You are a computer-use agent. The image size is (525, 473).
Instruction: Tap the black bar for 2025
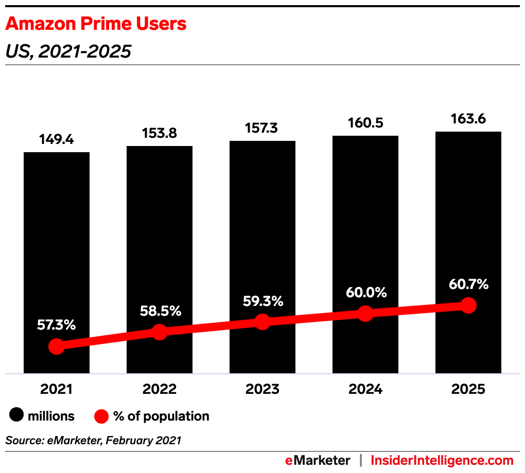point(468,216)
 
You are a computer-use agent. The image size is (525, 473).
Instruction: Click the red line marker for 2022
point(160,332)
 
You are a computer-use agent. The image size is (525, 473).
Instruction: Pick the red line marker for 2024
point(365,313)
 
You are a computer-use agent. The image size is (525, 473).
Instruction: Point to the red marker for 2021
point(57,347)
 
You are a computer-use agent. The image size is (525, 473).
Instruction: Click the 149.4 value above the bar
point(57,140)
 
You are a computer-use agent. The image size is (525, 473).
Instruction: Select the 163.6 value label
point(468,119)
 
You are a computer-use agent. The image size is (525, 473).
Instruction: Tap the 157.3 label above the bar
point(262,129)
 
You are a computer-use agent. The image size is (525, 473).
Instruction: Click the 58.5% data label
point(160,311)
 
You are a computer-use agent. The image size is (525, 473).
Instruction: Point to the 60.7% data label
point(468,284)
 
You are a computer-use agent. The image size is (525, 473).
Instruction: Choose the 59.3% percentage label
point(262,301)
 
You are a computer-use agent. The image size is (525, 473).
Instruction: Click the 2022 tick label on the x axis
point(160,389)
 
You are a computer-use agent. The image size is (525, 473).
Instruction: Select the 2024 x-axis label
point(365,389)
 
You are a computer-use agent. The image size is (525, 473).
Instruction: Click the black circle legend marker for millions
point(17,416)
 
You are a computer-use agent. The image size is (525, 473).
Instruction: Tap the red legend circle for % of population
point(101,416)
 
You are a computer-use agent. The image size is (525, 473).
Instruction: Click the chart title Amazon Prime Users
point(96,24)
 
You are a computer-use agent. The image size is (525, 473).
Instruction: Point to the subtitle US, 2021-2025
point(68,51)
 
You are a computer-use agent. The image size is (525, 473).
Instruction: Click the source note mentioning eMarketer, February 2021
point(93,440)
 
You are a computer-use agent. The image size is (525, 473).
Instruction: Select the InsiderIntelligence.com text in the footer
point(442,460)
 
